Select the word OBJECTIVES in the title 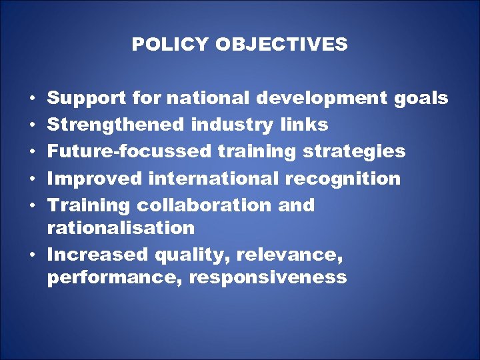tap(281, 45)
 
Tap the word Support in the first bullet tap(83, 99)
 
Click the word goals tap(421, 99)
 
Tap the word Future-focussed tap(130, 151)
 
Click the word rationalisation tap(121, 228)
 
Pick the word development tap(323, 99)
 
